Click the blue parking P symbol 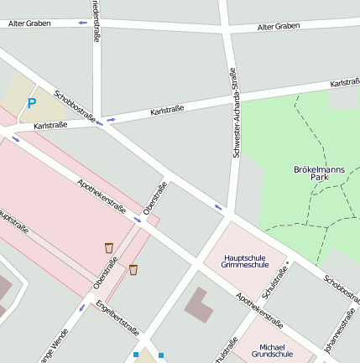(x=32, y=104)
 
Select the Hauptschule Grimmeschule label (x=247, y=261)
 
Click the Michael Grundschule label (x=278, y=350)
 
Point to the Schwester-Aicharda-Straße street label (x=234, y=114)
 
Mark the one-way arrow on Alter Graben (x=82, y=23)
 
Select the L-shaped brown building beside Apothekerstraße (x=198, y=303)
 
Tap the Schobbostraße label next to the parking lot (x=74, y=106)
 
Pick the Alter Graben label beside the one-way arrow (x=29, y=23)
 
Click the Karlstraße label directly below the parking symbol (x=50, y=126)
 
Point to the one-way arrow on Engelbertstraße (x=82, y=308)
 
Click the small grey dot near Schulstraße (x=288, y=263)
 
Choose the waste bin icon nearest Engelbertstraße (x=133, y=270)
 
